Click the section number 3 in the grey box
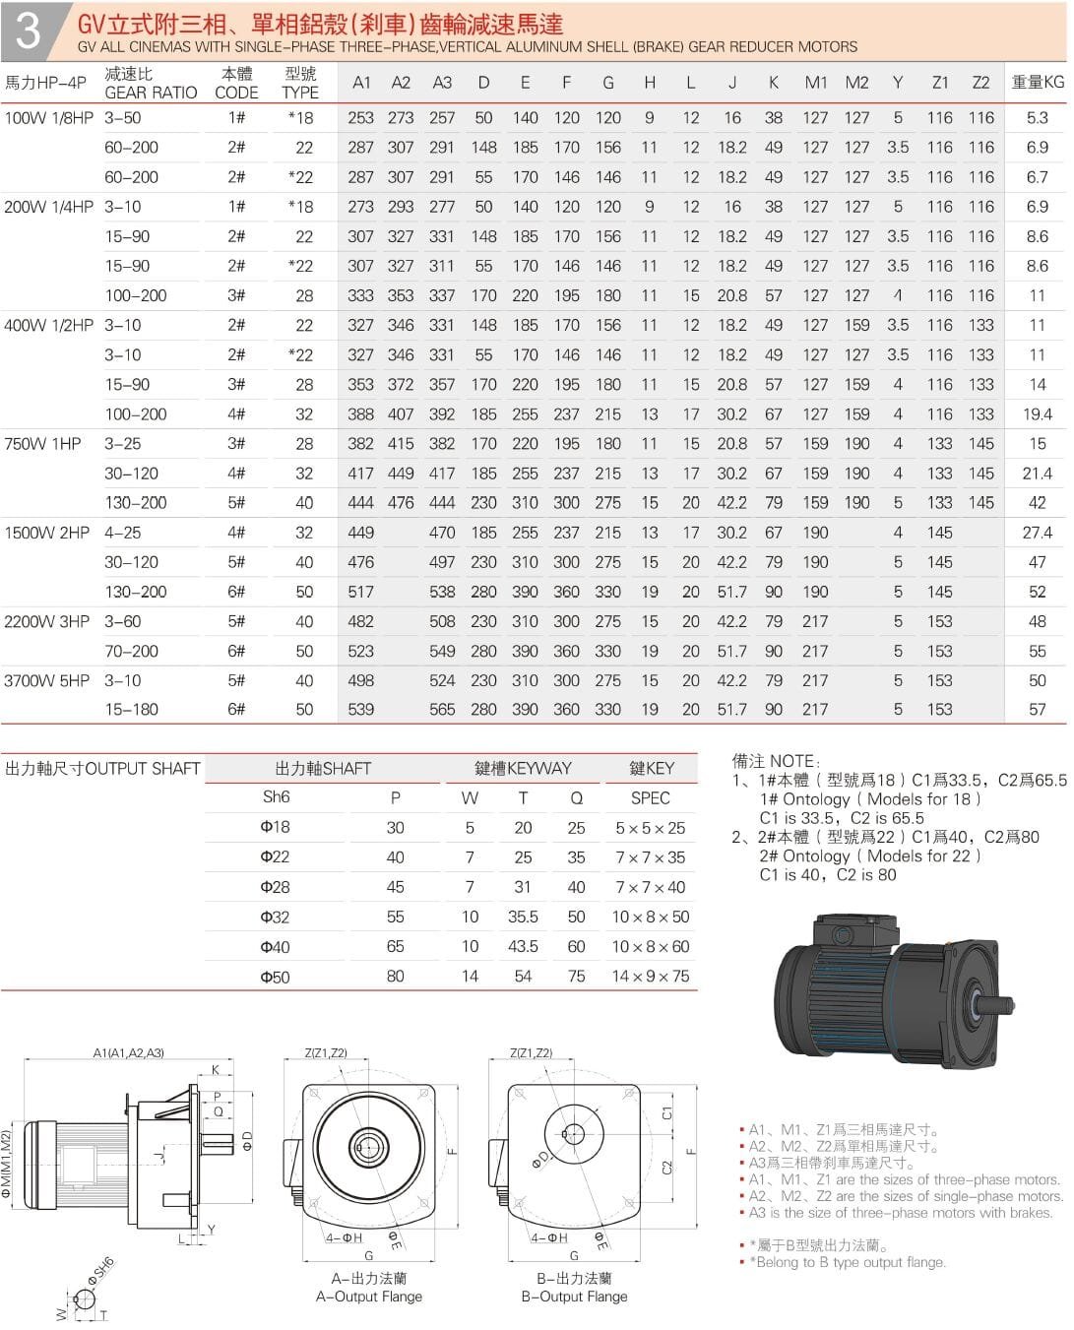click(x=28, y=31)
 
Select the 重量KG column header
click(x=1037, y=82)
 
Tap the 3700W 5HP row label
click(x=47, y=680)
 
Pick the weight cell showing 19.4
click(x=1037, y=414)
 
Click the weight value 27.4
click(x=1037, y=533)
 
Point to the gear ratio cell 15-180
click(x=131, y=709)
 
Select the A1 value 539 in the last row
click(x=360, y=709)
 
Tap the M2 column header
click(x=856, y=83)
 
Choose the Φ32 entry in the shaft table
click(x=275, y=917)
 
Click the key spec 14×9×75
click(x=650, y=977)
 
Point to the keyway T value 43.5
click(x=523, y=946)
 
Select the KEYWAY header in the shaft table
click(x=523, y=768)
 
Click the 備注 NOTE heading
click(x=775, y=761)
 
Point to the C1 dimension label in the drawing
click(x=666, y=1112)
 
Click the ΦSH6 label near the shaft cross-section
click(x=101, y=1270)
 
